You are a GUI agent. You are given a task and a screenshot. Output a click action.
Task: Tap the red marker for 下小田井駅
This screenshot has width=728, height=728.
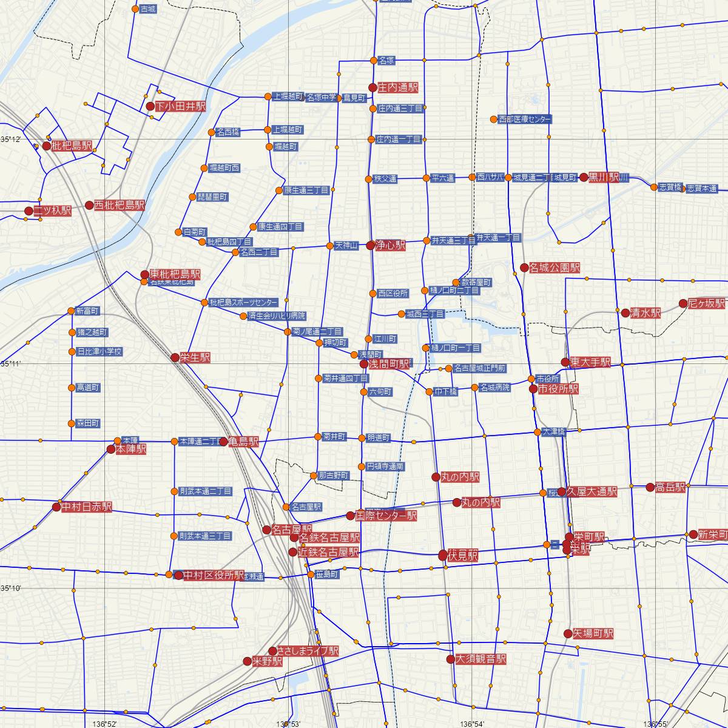pos(151,106)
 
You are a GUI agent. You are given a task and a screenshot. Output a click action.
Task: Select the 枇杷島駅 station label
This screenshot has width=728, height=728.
pos(72,146)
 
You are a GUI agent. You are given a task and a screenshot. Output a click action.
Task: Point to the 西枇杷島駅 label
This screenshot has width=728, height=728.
pos(120,205)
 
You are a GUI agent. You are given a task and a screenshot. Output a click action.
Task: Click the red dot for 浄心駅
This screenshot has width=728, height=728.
pos(371,246)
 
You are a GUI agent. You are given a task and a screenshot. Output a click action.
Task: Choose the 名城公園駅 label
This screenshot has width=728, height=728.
pos(554,268)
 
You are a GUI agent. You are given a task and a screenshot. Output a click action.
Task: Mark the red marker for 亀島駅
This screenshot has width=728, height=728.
pos(224,442)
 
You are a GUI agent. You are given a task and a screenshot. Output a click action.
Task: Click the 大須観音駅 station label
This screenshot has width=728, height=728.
pos(480,659)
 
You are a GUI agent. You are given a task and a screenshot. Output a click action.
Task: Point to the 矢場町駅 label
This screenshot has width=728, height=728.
pos(593,633)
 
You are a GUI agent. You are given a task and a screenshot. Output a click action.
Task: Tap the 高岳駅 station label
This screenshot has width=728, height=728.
pos(670,487)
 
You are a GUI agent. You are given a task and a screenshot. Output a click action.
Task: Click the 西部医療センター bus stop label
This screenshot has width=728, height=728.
pos(525,120)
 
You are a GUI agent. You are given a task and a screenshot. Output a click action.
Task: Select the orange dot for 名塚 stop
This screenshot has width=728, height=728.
pos(374,60)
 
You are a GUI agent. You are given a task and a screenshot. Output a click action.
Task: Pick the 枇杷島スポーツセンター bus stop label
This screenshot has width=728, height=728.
pos(243,302)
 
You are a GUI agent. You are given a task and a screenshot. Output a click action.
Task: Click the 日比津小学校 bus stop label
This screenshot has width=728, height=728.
pos(99,351)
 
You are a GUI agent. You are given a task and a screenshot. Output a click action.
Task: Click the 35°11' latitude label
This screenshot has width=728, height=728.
pos(11,364)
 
